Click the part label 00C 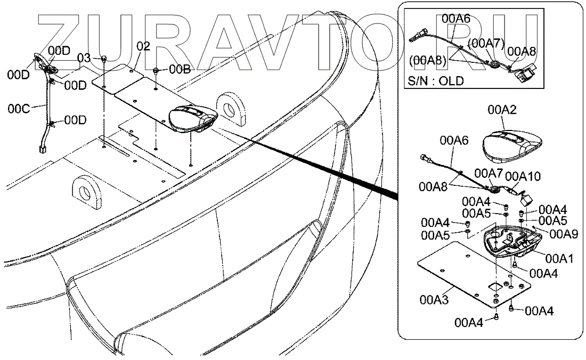(x=19, y=109)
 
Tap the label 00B (x=180, y=69)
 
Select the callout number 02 (x=143, y=46)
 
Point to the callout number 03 (x=84, y=58)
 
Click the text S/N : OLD (x=436, y=80)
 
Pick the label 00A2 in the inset (x=502, y=110)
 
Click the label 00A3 (x=434, y=299)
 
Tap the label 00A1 (x=559, y=258)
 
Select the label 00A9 (x=564, y=234)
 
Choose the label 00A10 (x=523, y=176)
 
